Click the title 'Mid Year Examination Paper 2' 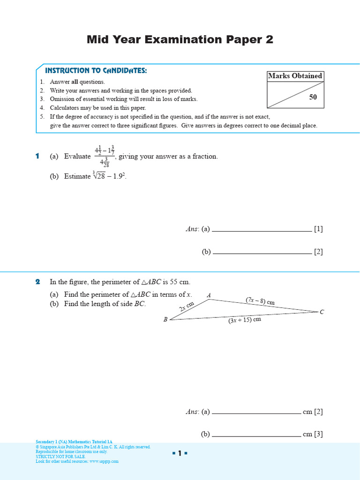pos(180,40)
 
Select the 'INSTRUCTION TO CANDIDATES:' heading pos(96,70)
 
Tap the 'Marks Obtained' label pos(295,76)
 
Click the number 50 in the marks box pos(313,97)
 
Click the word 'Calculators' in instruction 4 pos(65,108)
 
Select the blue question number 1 pos(37,156)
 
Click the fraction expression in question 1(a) pos(105,157)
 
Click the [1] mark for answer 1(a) pos(319,229)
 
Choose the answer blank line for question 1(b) pos(262,253)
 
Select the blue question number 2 pos(37,282)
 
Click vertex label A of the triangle pos(209,295)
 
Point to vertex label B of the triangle pos(165,320)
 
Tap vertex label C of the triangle pos(322,312)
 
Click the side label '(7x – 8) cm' pos(260,301)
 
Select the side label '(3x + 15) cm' pos(244,321)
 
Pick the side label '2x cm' pos(186,307)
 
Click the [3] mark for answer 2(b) pos(319,434)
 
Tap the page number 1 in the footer pos(180,453)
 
